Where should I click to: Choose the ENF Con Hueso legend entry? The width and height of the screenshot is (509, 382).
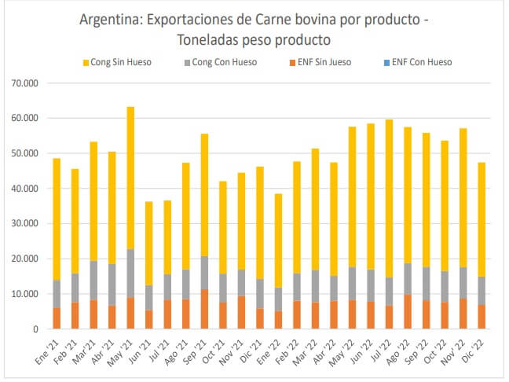pos(420,62)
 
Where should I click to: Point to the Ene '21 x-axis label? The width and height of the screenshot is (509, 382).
pos(51,348)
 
